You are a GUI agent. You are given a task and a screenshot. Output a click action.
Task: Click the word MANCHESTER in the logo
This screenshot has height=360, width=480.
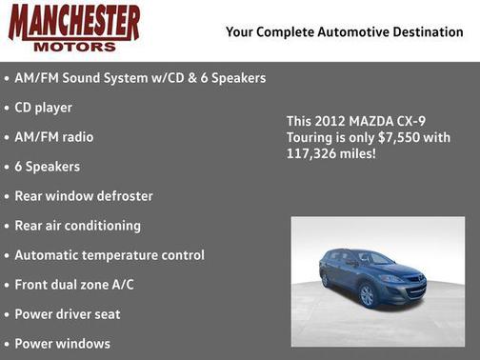pos(73,22)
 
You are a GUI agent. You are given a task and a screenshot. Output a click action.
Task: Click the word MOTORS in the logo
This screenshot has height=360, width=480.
pos(74,45)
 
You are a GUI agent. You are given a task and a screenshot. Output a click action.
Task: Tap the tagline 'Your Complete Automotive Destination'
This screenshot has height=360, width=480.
pos(344,32)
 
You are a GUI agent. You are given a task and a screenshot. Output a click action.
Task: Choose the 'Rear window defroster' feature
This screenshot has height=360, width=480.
pos(84,196)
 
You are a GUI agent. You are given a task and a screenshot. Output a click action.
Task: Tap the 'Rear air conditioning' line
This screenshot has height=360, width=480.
pos(77,226)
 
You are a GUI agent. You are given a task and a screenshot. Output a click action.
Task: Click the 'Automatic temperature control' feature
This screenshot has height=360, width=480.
pos(109,255)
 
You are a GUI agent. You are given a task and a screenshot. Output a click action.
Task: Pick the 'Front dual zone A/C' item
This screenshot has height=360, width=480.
pos(74,285)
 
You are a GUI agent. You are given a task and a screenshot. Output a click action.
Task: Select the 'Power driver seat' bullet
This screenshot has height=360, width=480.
pos(67,314)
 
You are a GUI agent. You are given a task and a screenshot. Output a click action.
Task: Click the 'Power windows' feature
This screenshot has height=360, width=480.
pos(62,344)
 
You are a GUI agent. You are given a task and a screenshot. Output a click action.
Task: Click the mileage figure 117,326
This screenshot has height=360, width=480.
pos(310,152)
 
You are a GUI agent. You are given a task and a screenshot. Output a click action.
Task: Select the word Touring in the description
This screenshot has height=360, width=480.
pos(310,137)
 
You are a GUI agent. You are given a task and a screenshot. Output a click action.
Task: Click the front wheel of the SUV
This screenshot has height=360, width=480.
pos(368,295)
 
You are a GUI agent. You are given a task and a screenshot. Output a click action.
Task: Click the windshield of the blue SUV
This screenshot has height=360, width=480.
pos(374,258)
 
